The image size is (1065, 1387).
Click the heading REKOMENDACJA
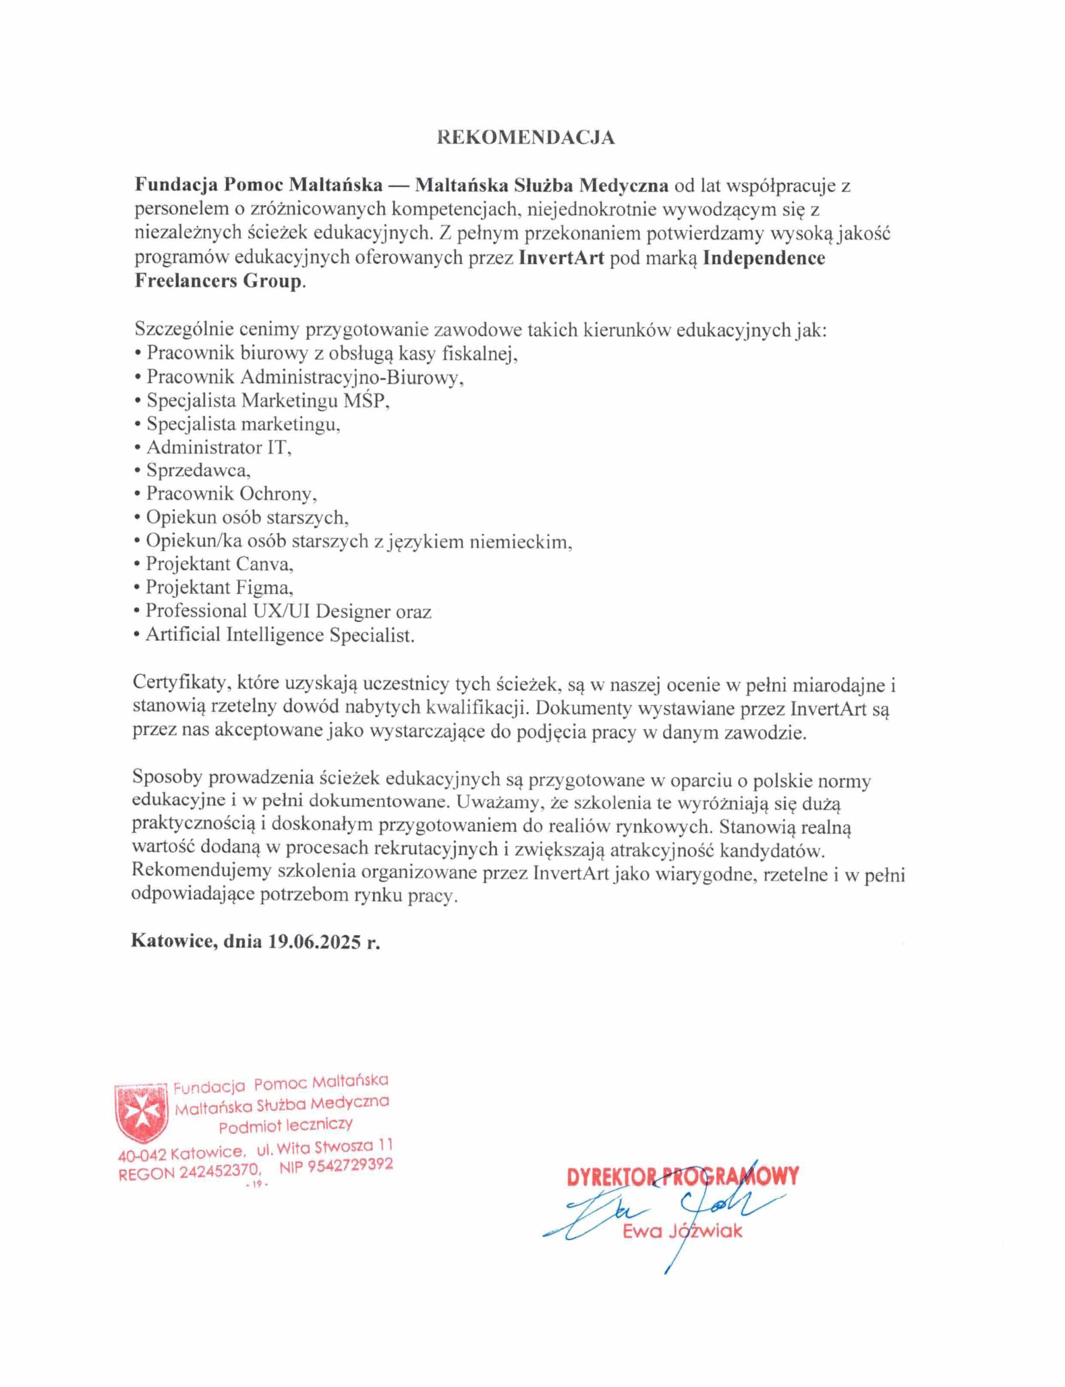(525, 138)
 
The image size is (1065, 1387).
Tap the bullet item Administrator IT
(218, 448)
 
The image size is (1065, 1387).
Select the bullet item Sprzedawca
(198, 470)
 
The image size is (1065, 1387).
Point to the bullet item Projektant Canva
(219, 563)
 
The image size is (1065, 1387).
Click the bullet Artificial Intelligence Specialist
(280, 634)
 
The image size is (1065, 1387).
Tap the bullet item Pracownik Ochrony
(231, 494)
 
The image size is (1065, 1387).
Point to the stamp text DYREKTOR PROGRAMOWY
(683, 1177)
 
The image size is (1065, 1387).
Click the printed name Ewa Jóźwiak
(682, 1232)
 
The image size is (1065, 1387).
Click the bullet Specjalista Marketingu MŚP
(267, 400)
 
